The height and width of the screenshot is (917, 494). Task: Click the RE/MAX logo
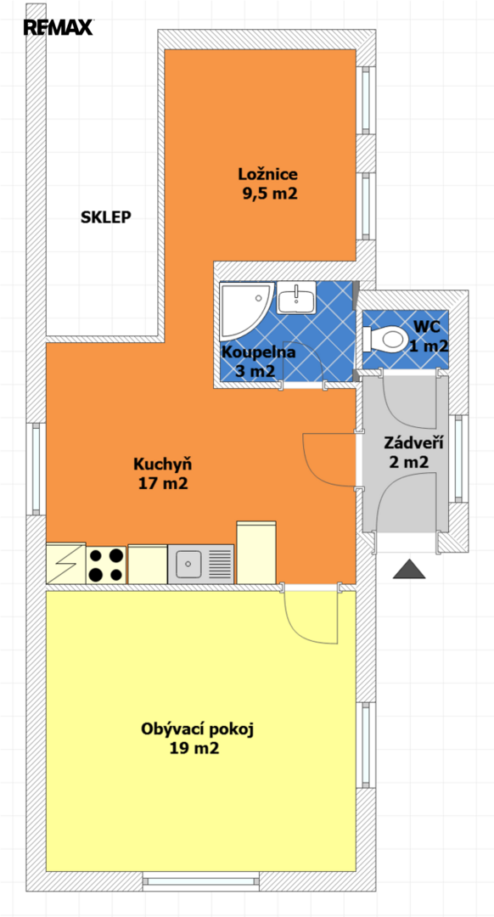point(59,27)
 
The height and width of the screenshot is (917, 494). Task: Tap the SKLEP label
point(106,217)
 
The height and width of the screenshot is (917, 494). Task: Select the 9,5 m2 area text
point(271,194)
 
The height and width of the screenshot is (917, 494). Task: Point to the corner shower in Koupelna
point(245,310)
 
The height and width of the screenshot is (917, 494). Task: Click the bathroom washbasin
point(296,297)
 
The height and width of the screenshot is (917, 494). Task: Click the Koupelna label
point(258,352)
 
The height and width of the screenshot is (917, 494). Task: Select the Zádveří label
point(413,442)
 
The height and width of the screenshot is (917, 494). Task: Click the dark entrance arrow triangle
point(408,569)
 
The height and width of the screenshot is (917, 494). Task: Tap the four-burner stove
point(106,565)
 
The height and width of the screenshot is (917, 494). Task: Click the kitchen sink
point(201,564)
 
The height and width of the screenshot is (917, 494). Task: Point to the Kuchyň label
point(163,464)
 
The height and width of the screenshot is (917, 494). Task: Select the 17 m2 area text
point(163,484)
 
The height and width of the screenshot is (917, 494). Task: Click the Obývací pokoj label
point(199,729)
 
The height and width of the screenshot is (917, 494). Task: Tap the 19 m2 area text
point(194,749)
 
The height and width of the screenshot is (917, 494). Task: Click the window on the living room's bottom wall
point(201,880)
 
